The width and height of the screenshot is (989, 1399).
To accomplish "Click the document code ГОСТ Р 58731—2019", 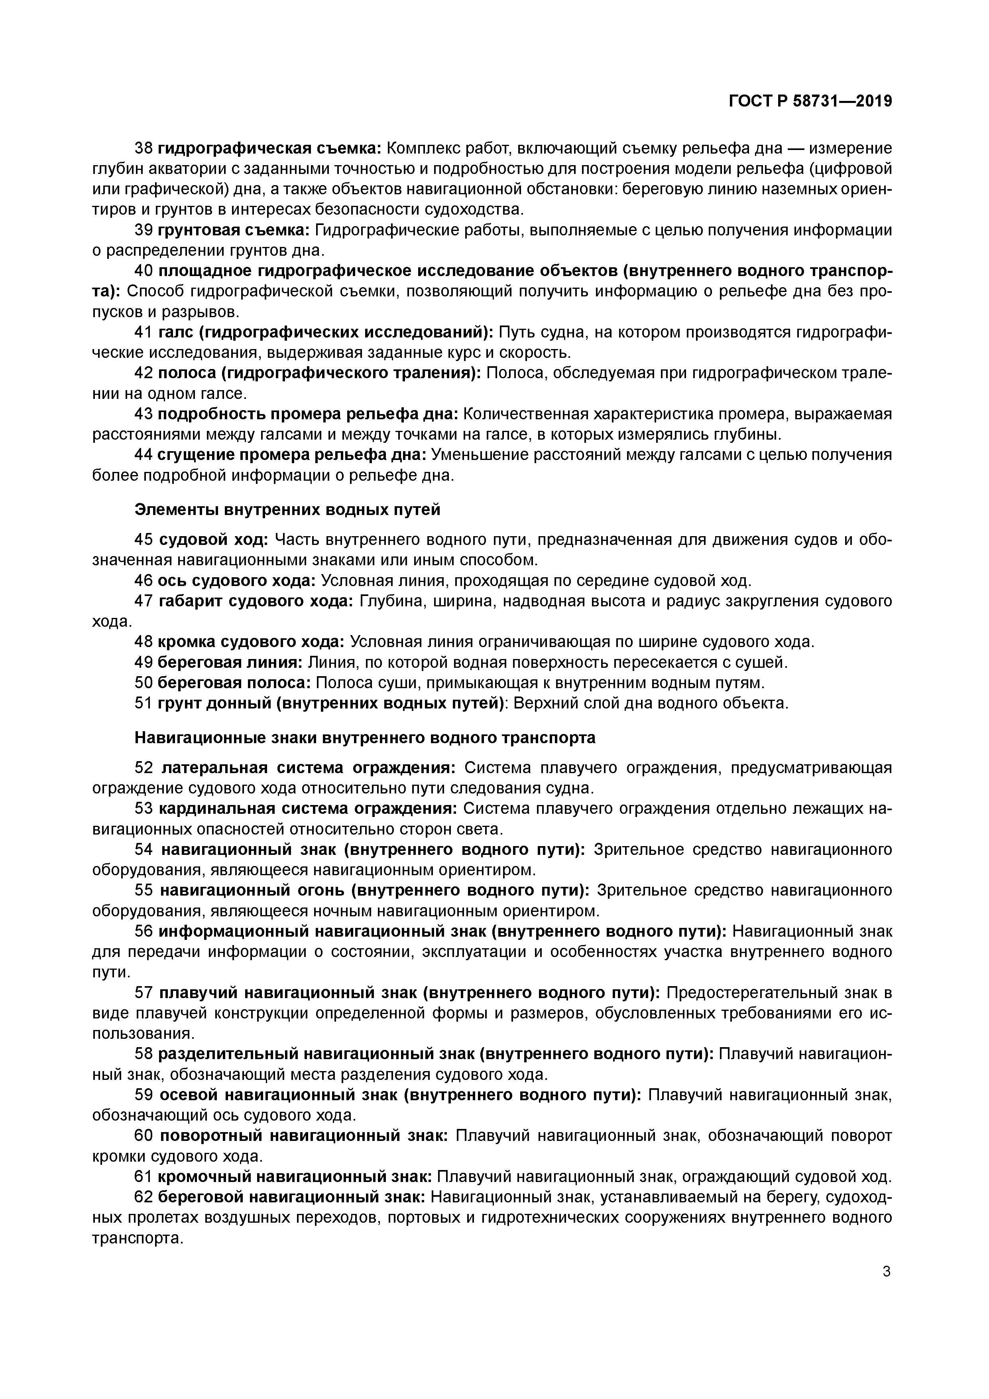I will pyautogui.click(x=810, y=101).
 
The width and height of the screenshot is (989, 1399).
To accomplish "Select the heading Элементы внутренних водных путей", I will pyautogui.click(x=287, y=509).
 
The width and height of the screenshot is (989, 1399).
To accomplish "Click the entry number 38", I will pyautogui.click(x=143, y=148).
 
